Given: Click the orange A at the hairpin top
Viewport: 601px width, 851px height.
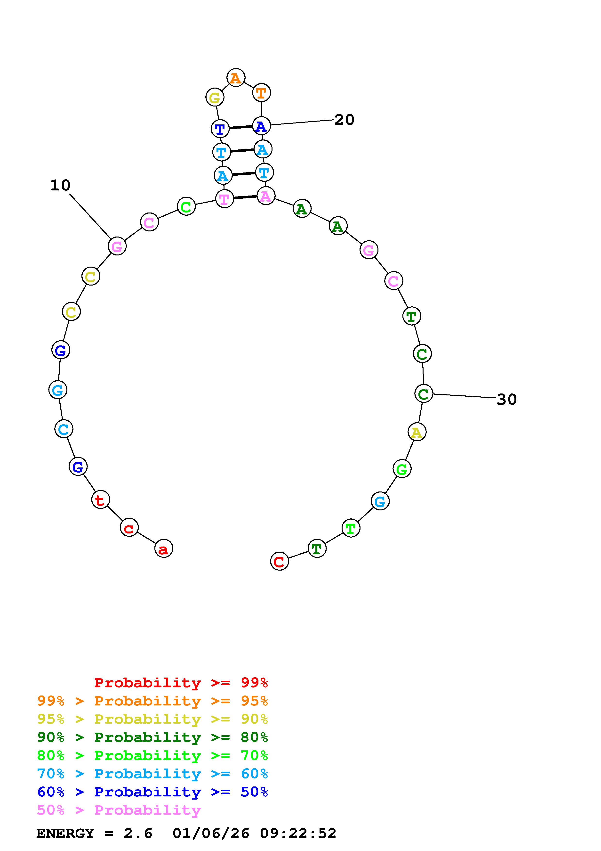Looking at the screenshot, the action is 236,78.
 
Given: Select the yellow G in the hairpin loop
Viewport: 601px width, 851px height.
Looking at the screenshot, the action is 215,98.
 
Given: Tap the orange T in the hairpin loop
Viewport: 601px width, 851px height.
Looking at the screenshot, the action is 261,93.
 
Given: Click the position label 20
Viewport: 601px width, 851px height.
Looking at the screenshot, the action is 344,120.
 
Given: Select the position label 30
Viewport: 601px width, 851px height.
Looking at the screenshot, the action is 507,399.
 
